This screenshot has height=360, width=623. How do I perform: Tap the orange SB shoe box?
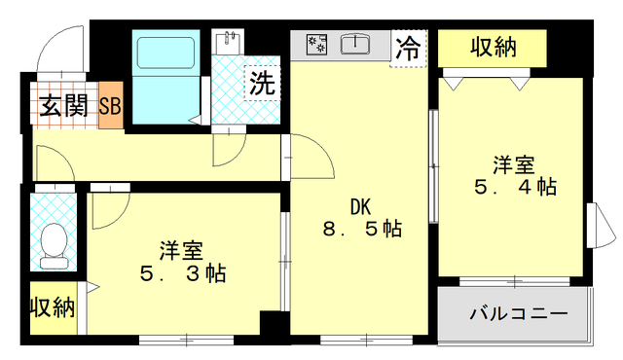point(110,106)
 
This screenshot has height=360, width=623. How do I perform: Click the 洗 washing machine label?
point(261,82)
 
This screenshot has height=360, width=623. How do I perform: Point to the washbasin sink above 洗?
point(232,44)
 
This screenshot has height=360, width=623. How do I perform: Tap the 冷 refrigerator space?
point(411,48)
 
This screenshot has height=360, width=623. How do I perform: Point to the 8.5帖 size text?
point(362,230)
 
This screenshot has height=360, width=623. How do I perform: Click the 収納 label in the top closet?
point(494,46)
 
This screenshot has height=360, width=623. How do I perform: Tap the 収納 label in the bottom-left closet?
point(52,308)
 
